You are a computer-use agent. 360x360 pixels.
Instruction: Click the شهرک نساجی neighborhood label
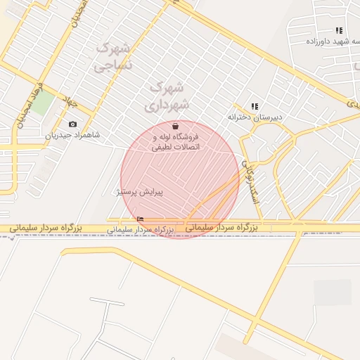[112, 58]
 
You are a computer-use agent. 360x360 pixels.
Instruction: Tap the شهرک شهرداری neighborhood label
[167, 96]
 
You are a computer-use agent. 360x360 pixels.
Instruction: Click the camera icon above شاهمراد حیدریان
[73, 124]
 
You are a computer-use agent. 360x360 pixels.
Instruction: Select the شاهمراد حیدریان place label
[73, 135]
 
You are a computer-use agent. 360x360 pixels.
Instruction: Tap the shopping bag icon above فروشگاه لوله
[175, 127]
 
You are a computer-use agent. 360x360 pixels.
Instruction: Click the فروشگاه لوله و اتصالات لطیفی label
[176, 141]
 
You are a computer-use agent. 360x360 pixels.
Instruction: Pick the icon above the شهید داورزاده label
[340, 30]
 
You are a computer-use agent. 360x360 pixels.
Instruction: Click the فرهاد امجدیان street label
[28, 106]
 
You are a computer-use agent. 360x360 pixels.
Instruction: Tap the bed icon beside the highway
[141, 219]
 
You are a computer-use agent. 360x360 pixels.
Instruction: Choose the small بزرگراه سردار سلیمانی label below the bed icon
[140, 229]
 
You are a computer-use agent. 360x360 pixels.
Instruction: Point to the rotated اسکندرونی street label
[250, 181]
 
